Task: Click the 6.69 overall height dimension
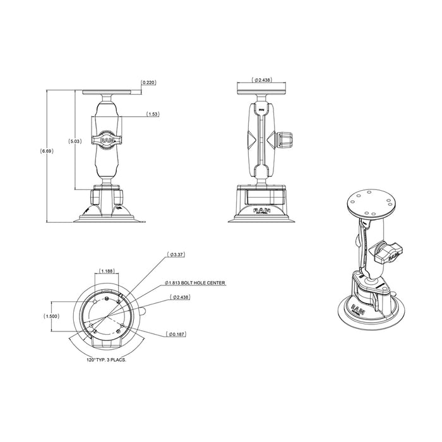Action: tap(46, 152)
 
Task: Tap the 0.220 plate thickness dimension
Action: tap(149, 83)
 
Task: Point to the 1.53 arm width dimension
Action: tap(152, 114)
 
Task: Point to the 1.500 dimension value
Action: tap(54, 317)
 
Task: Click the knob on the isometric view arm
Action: tap(386, 252)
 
